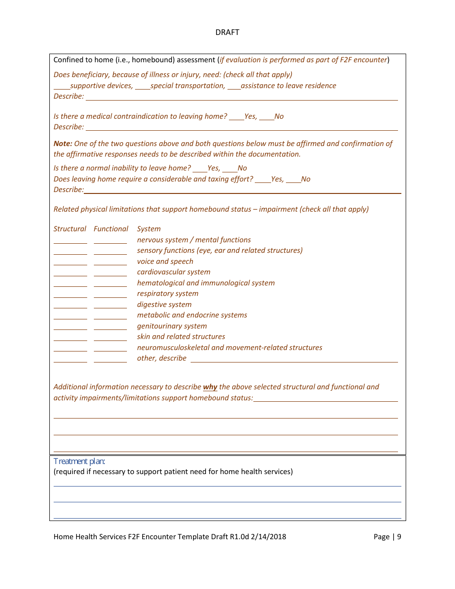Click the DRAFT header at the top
tap(227, 33)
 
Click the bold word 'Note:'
tap(63, 144)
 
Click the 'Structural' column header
tap(70, 229)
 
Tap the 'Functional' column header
tap(111, 229)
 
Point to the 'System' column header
tap(148, 229)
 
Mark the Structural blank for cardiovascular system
tap(70, 273)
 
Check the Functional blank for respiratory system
tap(110, 295)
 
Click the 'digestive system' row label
tap(164, 305)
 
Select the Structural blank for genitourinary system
tap(70, 328)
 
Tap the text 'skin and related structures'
tap(181, 337)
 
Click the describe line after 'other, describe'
tap(294, 360)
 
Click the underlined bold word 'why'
tap(210, 387)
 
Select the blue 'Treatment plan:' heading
tap(79, 461)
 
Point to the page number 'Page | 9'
tap(387, 537)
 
